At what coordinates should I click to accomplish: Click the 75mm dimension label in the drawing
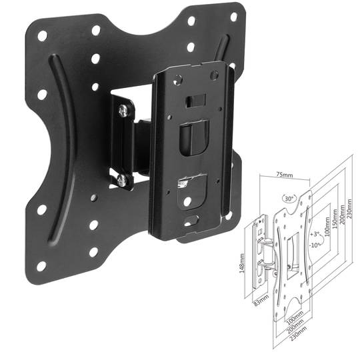[x=284, y=175]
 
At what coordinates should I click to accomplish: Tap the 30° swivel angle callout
[x=289, y=199]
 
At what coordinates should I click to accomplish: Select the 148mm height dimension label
[x=242, y=263]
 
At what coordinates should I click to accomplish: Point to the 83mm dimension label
[x=261, y=300]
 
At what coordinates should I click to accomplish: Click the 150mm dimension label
[x=335, y=218]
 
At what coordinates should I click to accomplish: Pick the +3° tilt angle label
[x=315, y=235]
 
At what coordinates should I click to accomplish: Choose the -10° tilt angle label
[x=314, y=245]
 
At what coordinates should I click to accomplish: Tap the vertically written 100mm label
[x=327, y=227]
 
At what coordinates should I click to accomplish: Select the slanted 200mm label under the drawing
[x=295, y=323]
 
